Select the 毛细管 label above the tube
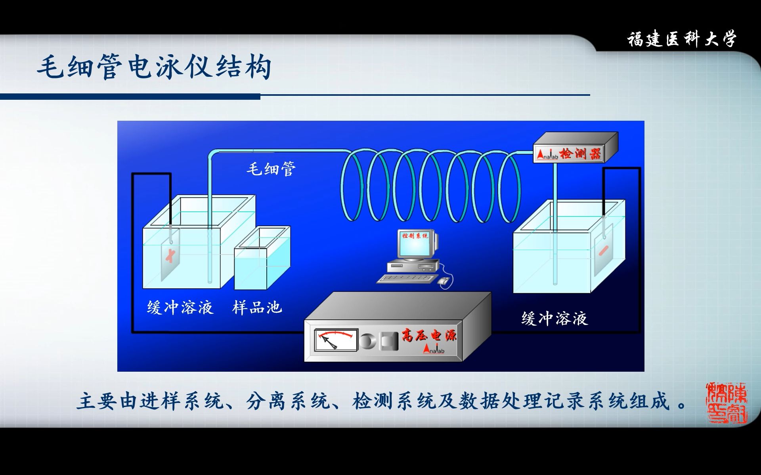(271, 169)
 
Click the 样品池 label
(257, 308)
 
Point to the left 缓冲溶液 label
(180, 308)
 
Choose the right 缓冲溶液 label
(554, 319)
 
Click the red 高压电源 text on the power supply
(429, 335)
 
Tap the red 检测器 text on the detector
(580, 154)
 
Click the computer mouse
(444, 281)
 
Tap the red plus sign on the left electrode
(170, 255)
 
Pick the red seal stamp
(727, 403)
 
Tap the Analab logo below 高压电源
(434, 350)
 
